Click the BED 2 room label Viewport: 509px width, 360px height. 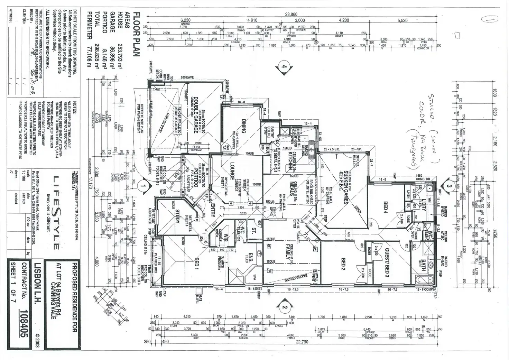click(x=343, y=264)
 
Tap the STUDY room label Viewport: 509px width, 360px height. click(x=178, y=216)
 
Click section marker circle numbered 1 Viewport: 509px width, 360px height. click(x=142, y=186)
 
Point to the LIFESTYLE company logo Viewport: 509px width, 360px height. click(x=55, y=212)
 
